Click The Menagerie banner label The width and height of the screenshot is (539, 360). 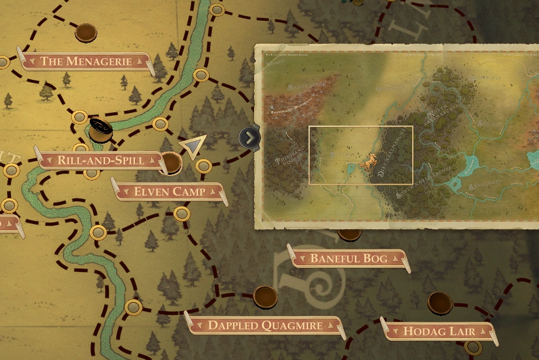click(86, 61)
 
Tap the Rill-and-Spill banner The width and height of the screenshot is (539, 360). click(100, 160)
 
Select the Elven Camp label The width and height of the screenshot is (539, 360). click(169, 192)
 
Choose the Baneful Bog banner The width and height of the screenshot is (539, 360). click(349, 258)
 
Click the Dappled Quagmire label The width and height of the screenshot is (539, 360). click(265, 325)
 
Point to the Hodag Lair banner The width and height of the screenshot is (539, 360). click(439, 332)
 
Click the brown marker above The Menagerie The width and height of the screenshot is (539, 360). click(86, 32)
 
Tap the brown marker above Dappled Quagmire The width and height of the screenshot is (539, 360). click(265, 296)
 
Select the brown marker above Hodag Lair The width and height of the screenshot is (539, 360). click(439, 302)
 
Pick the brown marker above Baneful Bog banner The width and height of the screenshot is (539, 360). click(349, 233)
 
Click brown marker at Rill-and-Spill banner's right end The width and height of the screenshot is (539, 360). click(171, 162)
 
